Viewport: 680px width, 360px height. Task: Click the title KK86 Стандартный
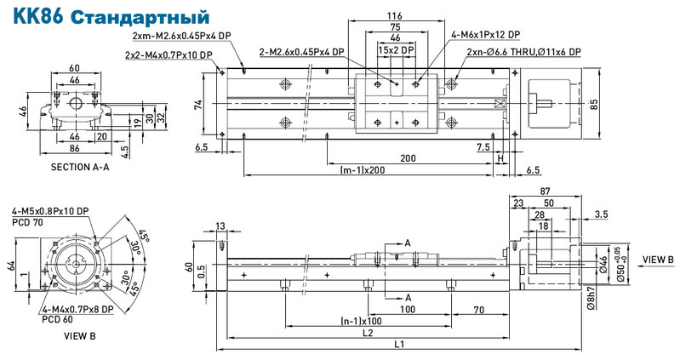click(x=111, y=16)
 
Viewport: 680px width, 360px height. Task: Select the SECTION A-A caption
click(x=80, y=167)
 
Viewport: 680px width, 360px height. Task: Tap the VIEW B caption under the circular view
click(x=80, y=335)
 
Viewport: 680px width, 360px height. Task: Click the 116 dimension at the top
click(x=394, y=16)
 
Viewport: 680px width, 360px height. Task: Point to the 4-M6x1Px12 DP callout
click(x=485, y=34)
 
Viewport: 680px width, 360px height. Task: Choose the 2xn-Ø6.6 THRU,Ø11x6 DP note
click(x=524, y=52)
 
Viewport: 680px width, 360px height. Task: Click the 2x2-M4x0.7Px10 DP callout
click(x=169, y=55)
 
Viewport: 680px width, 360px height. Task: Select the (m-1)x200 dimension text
click(x=363, y=169)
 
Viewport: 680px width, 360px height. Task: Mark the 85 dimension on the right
click(x=594, y=104)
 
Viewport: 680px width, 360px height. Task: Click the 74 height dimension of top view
click(x=198, y=105)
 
